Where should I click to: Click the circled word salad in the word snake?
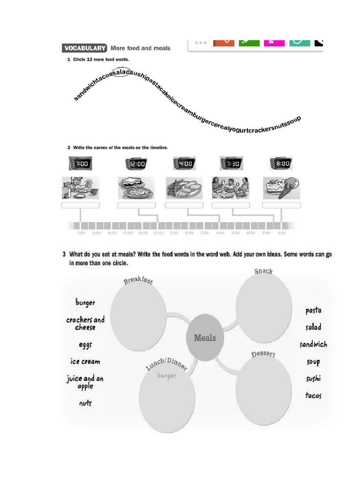(x=121, y=72)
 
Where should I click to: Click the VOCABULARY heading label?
(x=84, y=48)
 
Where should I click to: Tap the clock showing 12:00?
(x=136, y=164)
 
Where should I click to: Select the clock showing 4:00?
(x=184, y=164)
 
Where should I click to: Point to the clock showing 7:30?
(x=231, y=164)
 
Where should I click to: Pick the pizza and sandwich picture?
(x=136, y=188)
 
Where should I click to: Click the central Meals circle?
(x=205, y=338)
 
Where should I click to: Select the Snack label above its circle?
(x=263, y=271)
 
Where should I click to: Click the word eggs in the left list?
(x=85, y=345)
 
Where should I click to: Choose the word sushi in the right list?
(x=314, y=378)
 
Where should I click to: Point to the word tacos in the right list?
(x=314, y=395)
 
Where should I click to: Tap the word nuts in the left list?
(x=85, y=403)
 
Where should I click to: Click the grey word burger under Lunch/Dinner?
(x=167, y=375)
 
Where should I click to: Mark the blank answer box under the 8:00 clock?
(x=281, y=205)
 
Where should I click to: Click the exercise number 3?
(x=64, y=255)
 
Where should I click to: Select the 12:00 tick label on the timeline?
(x=158, y=232)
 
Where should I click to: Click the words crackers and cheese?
(x=85, y=323)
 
